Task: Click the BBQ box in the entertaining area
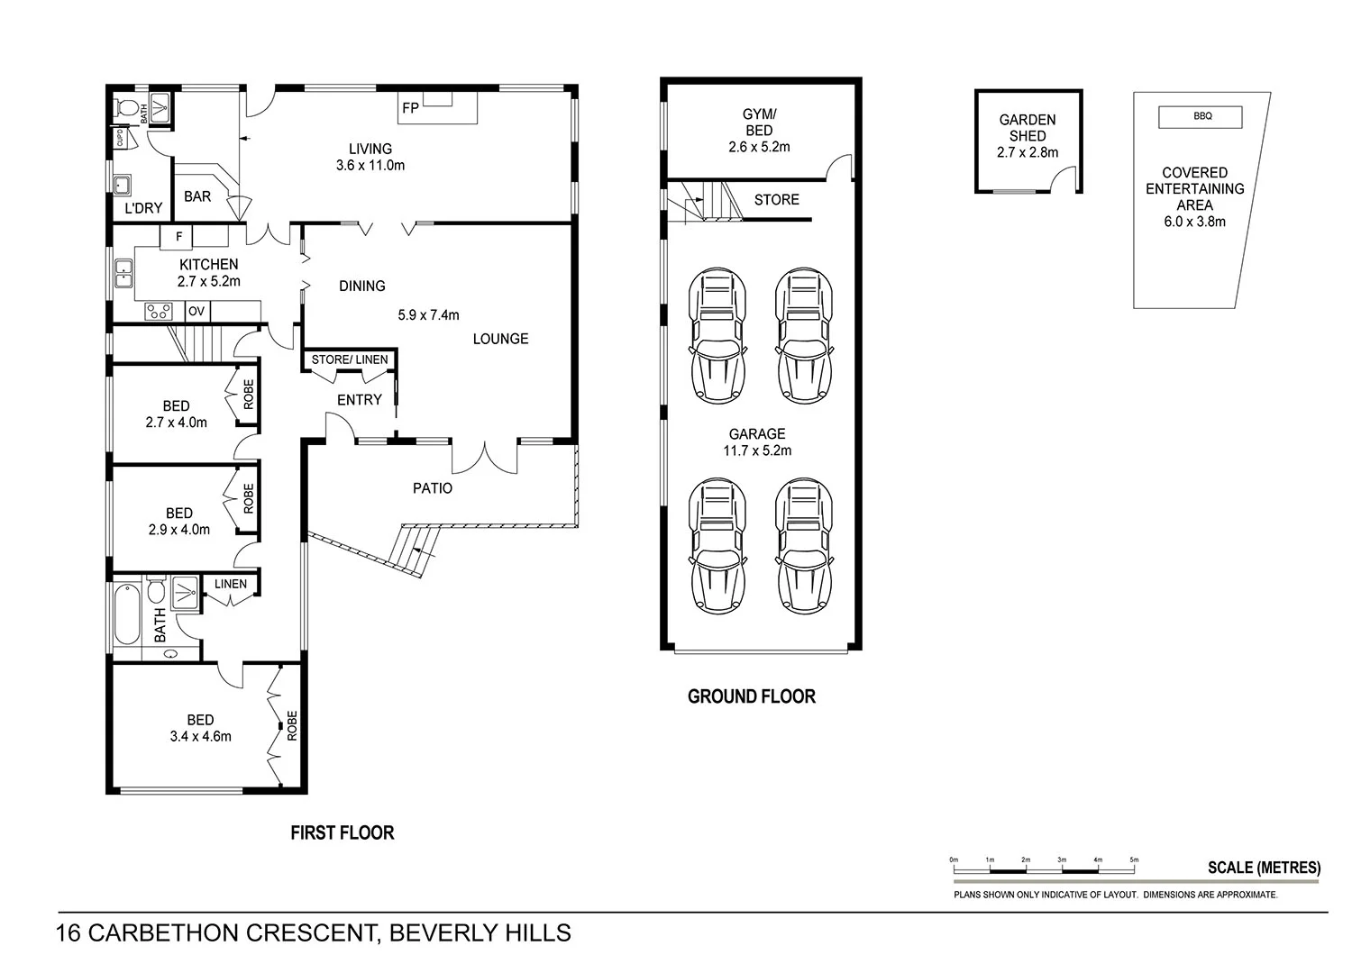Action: pos(1200,117)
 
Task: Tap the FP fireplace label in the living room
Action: pos(410,108)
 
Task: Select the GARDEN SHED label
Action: pos(1028,128)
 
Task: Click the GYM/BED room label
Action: pos(759,122)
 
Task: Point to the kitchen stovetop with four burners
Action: pos(159,312)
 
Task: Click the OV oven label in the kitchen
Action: pos(196,312)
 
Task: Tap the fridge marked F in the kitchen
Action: pos(177,237)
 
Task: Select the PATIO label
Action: pos(432,488)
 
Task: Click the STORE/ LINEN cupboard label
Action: pos(350,359)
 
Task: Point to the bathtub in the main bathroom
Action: pos(127,614)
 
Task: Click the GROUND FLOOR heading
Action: pos(752,696)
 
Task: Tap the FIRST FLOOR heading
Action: pos(343,833)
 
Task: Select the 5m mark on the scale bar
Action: pos(1134,859)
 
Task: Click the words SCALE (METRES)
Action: pos(1264,869)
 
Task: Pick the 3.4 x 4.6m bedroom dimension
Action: pos(200,736)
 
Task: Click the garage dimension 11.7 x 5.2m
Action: pos(757,450)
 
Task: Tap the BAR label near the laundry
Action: pos(197,196)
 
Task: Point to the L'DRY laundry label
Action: pos(143,208)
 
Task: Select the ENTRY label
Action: pos(359,400)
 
